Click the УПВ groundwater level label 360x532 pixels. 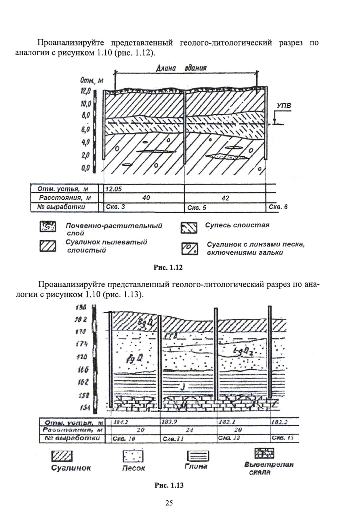pos(284,106)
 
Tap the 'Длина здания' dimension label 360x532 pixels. pos(181,68)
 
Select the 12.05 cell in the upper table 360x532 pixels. pos(114,189)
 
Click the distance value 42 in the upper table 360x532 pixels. pos(225,198)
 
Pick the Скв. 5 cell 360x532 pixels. pos(197,208)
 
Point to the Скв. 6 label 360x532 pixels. pos(278,207)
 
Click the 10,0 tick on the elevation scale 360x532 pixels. pos(86,103)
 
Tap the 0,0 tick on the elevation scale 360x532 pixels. pos(85,168)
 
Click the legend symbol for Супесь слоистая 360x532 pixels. pos(189,228)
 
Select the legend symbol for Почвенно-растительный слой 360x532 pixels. pos(47,227)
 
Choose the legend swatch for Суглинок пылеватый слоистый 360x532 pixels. pos(47,246)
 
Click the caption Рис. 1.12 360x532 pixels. pos(168,267)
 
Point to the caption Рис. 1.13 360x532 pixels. pos(169,485)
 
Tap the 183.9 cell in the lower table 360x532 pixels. pos(169,422)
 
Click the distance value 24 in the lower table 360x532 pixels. pos(189,430)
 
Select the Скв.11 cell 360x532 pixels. pos(173,439)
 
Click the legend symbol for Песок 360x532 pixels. pos(133,456)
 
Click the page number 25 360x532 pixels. pos(169,511)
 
